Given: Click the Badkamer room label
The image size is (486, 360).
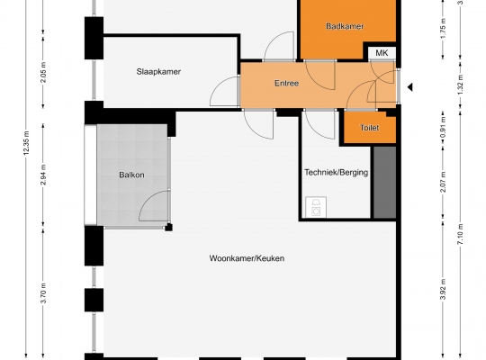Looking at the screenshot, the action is coord(345,26).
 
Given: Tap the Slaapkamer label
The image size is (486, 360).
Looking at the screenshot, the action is coord(158,72).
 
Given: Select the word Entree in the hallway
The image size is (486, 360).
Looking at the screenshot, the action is coord(287,83).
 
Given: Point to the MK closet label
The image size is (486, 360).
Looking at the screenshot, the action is coord(382,53).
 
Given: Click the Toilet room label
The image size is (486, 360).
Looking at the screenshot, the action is coord(370,128).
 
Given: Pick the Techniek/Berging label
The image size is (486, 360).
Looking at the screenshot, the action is coord(337,173).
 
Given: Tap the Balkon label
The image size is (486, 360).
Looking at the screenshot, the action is coord(131,175).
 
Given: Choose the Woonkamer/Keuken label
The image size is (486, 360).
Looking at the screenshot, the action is coord(247,258).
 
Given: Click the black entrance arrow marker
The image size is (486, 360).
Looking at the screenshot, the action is coord(409,87).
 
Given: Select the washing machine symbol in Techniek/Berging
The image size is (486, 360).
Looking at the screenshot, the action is coord(316,207).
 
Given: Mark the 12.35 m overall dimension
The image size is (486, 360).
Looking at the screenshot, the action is coord(26,142).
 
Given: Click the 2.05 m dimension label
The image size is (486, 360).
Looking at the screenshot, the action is coord(43,72).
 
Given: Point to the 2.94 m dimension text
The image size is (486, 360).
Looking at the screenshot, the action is coord(43,175).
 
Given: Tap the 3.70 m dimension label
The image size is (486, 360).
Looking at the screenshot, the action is coord(43,293).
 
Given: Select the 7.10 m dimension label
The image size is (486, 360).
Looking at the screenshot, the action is coord(460,234).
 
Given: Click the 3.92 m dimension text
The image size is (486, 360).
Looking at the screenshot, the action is coord(443,290).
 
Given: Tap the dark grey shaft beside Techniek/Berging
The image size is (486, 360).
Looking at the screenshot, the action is coord(384,183).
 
